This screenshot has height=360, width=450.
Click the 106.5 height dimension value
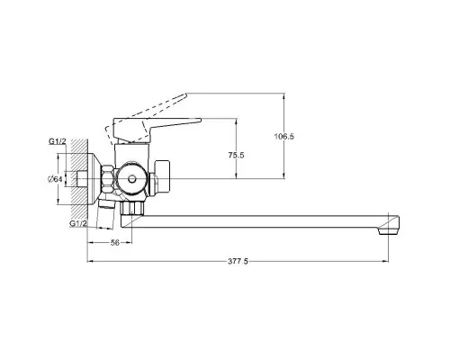point(284,137)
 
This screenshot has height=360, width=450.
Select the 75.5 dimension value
point(236,155)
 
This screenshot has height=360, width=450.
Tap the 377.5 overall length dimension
point(238,261)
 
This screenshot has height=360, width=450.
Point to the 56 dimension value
point(115,243)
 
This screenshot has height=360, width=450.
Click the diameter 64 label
point(55,179)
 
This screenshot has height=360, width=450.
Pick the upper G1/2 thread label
point(58,141)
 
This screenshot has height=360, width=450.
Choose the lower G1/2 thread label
point(78,223)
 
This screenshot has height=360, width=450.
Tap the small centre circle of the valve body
point(131,179)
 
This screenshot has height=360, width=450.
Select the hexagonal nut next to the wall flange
point(108,179)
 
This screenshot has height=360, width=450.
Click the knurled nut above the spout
point(132,208)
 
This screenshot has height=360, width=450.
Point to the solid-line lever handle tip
point(200,120)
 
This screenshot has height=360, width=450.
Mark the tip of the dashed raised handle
point(185,95)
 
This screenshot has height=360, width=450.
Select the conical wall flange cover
point(94,179)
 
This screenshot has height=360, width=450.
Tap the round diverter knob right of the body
point(162,176)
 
